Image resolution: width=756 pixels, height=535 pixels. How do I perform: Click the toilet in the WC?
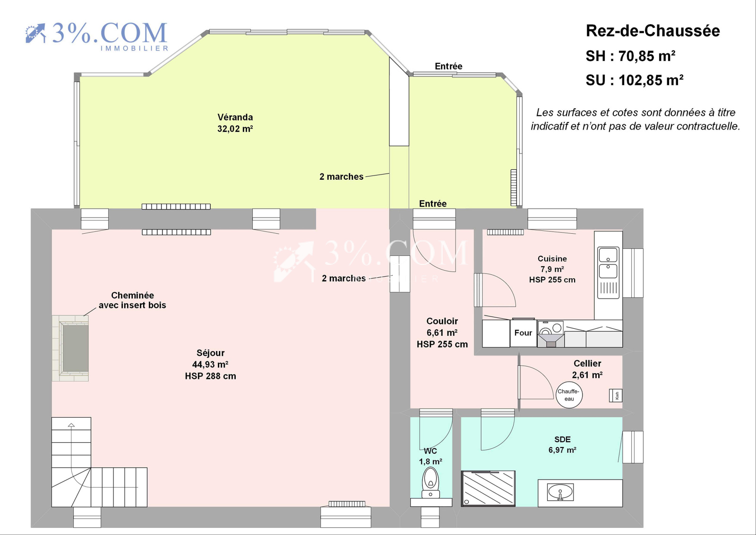coord(430,482)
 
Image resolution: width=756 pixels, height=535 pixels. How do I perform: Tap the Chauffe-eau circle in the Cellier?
coord(569,395)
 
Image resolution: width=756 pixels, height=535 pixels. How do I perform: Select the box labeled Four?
coord(523,333)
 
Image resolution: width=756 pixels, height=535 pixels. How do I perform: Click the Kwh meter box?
coord(616,395)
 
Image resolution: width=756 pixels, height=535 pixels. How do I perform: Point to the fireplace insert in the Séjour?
coord(75,348)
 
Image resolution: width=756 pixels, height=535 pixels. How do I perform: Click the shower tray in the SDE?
coord(488,488)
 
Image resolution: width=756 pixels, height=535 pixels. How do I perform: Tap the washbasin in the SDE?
coord(560,492)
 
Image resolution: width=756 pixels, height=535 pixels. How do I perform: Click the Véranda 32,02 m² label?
coord(235,123)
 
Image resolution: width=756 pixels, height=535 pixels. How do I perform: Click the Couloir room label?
coord(442,321)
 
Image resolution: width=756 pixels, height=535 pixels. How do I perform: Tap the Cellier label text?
coord(587,364)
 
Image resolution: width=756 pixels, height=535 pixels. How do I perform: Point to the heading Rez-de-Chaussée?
coord(653,31)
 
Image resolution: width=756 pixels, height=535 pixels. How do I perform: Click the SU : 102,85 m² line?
coord(635,80)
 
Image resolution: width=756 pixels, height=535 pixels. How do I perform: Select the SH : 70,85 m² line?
coord(630,56)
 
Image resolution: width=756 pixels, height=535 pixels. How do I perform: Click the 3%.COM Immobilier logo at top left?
coord(97,35)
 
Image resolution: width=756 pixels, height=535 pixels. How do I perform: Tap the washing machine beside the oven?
coord(550,333)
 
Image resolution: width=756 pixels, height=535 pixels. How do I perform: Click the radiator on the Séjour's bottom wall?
coord(347,504)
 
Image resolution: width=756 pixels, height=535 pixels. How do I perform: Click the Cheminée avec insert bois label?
coord(132,300)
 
